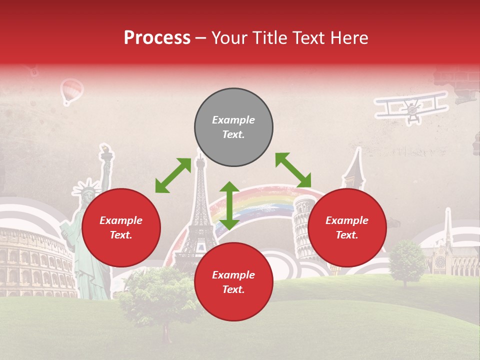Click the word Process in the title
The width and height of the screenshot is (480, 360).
click(157, 38)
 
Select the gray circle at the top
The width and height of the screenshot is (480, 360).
click(233, 127)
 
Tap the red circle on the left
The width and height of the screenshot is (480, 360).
click(121, 227)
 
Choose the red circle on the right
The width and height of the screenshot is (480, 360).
click(347, 227)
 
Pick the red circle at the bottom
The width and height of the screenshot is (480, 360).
click(233, 282)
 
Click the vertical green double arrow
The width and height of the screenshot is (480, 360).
click(229, 205)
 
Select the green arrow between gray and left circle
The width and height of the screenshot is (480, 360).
click(173, 175)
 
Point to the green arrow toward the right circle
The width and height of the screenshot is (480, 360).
click(293, 170)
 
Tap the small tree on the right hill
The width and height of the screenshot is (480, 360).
click(406, 260)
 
